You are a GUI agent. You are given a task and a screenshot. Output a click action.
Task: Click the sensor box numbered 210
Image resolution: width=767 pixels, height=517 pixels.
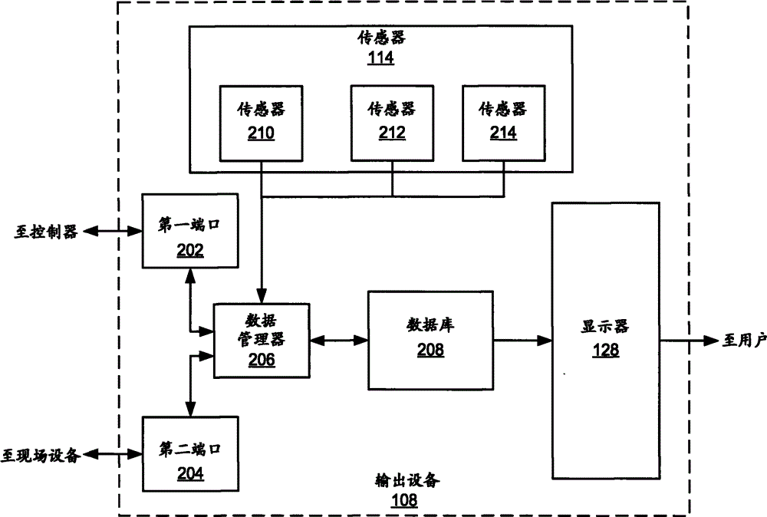point(261,122)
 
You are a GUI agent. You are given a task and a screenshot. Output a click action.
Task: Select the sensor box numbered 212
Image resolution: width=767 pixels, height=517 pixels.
point(392,122)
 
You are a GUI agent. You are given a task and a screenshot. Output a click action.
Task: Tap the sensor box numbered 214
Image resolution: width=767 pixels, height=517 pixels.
point(503,122)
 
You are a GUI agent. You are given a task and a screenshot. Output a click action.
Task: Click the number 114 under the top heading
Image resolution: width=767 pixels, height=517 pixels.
point(380,58)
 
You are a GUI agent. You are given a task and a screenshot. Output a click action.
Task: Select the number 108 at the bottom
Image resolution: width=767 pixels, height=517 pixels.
point(405,501)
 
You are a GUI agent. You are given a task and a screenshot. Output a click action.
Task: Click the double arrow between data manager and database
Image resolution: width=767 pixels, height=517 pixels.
point(338,338)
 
